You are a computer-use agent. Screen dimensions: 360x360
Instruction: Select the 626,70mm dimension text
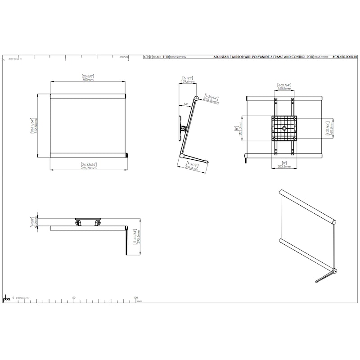point(89,167)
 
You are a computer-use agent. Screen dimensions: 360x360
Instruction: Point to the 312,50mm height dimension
point(36,126)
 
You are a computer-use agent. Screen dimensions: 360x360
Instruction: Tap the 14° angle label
point(186,105)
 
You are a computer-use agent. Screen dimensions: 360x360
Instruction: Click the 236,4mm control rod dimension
point(192,168)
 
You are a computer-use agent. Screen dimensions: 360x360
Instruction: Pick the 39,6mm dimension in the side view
point(188,81)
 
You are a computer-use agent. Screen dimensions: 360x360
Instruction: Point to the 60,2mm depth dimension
point(36,223)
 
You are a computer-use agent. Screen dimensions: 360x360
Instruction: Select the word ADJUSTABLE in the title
point(224,58)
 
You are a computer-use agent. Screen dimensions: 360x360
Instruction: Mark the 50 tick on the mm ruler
point(74,297)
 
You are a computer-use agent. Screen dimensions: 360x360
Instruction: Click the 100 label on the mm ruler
point(135,297)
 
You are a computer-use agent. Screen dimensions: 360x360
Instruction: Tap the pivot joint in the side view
point(183,128)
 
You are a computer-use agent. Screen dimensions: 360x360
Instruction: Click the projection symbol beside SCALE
point(148,58)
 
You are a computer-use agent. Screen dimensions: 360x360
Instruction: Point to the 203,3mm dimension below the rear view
point(284,166)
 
